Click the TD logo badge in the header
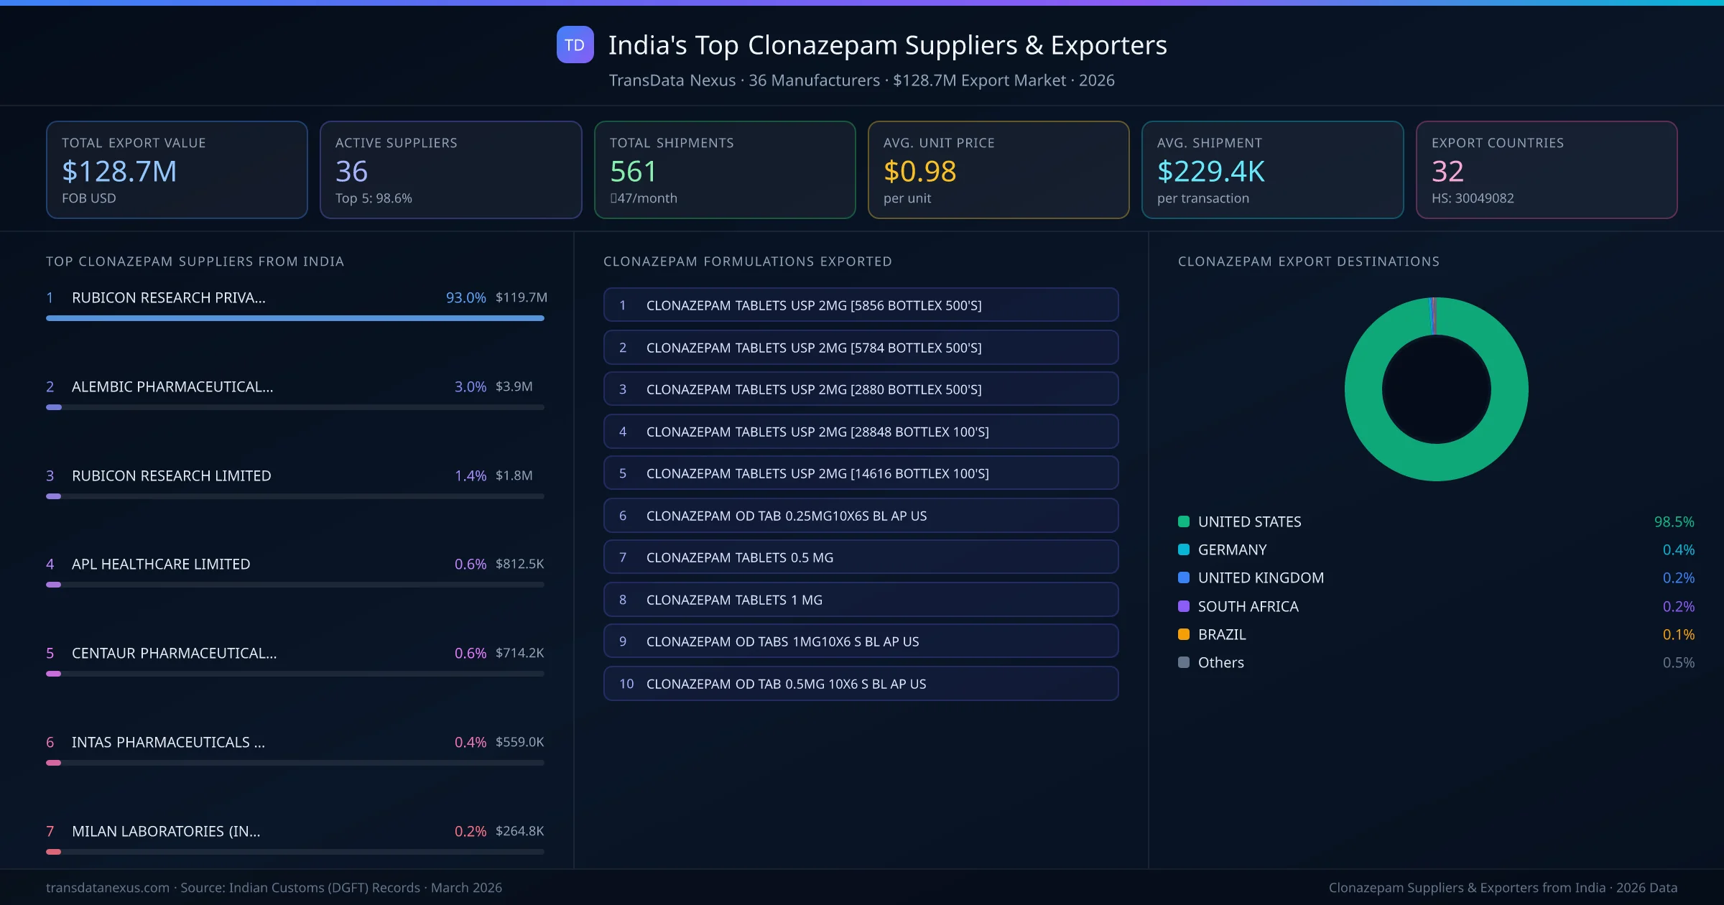point(575,45)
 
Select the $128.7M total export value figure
point(119,171)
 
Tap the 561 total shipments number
point(633,171)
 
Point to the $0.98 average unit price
point(919,171)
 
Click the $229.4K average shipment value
point(1210,171)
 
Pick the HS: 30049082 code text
point(1472,198)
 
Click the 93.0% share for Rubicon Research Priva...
point(465,297)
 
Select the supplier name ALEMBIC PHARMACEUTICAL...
point(172,386)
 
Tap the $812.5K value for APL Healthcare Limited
point(519,564)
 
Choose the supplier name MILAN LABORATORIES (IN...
point(166,831)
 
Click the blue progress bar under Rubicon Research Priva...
point(295,318)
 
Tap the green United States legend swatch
point(1184,521)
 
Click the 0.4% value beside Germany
point(1678,549)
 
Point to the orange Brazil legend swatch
point(1184,634)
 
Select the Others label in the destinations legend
point(1220,662)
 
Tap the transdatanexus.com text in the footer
point(108,888)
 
